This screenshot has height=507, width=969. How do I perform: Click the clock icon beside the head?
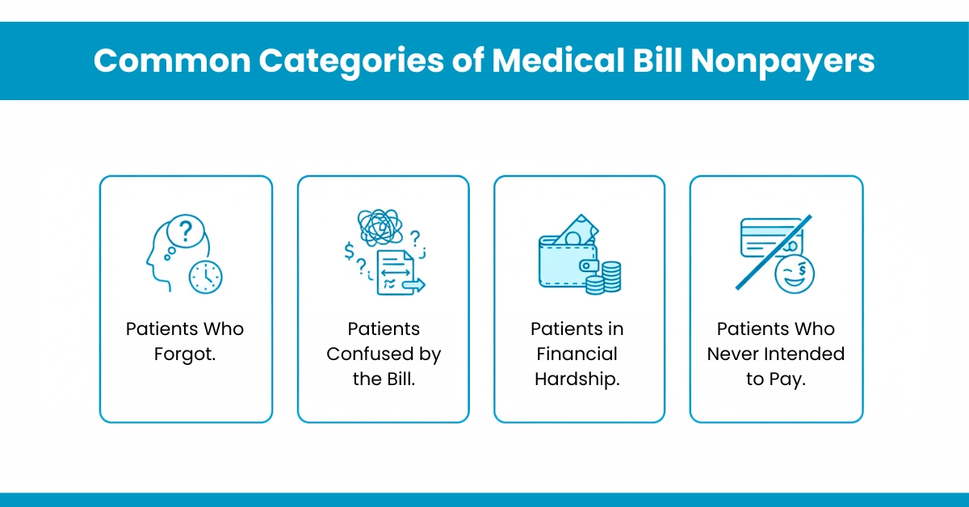(x=205, y=277)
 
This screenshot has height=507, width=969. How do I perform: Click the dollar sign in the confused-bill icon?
(x=349, y=251)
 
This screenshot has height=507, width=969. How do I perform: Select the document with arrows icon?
(x=398, y=271)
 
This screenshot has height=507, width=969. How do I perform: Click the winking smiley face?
(x=795, y=274)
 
